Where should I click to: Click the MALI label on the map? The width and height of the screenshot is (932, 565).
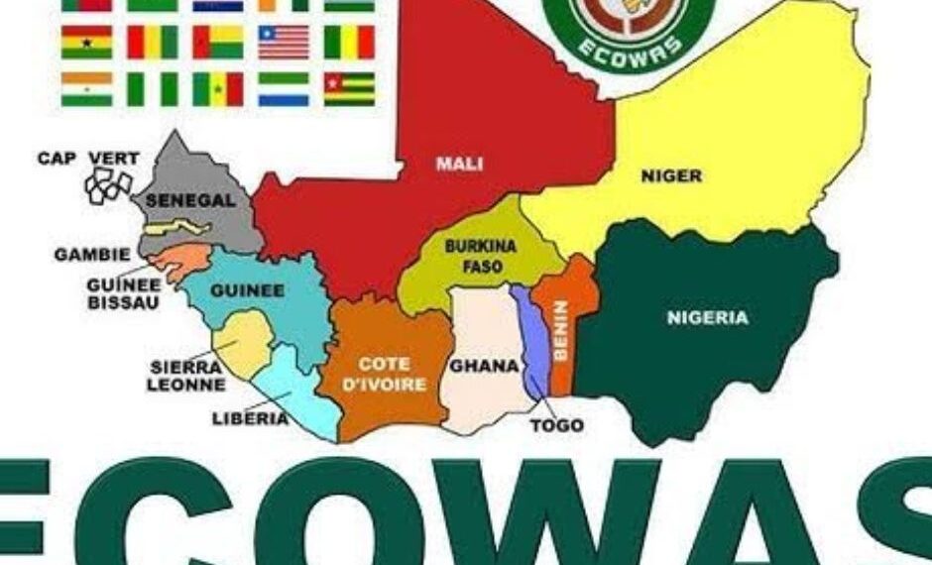(x=459, y=164)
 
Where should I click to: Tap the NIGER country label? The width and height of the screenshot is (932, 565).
(x=671, y=176)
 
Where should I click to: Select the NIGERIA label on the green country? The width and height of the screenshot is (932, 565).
(x=707, y=318)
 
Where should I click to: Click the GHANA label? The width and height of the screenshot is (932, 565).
(x=484, y=366)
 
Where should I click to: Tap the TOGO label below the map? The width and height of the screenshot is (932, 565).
(x=556, y=426)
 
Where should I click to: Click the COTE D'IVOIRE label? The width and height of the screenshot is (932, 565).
(x=393, y=374)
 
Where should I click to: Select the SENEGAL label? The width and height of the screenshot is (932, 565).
(x=191, y=200)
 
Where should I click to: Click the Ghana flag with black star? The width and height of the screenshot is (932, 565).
(x=86, y=42)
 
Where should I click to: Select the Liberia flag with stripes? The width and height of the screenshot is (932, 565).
(x=284, y=42)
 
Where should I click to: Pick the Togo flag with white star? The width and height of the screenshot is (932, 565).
(x=349, y=88)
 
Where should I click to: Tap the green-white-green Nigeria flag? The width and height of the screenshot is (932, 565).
(x=152, y=88)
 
